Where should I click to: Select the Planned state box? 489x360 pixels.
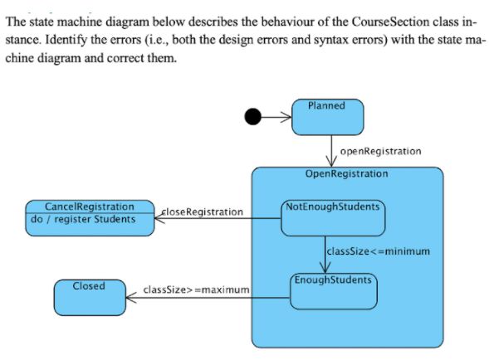pos(327,118)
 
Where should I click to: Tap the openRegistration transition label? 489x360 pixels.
pos(380,151)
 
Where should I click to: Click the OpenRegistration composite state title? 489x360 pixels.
pos(347,173)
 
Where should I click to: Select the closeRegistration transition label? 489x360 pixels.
pos(201,212)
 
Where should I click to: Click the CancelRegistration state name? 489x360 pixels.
pos(90,206)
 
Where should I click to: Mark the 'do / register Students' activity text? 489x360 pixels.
pos(83,219)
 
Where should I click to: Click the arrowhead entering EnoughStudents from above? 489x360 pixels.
pos(327,266)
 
